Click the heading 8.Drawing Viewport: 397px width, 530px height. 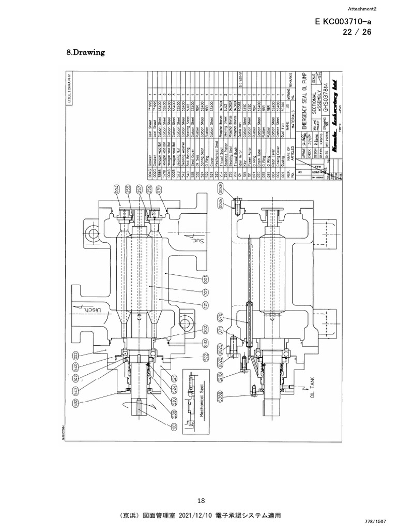click(x=86, y=52)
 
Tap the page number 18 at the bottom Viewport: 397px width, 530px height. click(x=202, y=500)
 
